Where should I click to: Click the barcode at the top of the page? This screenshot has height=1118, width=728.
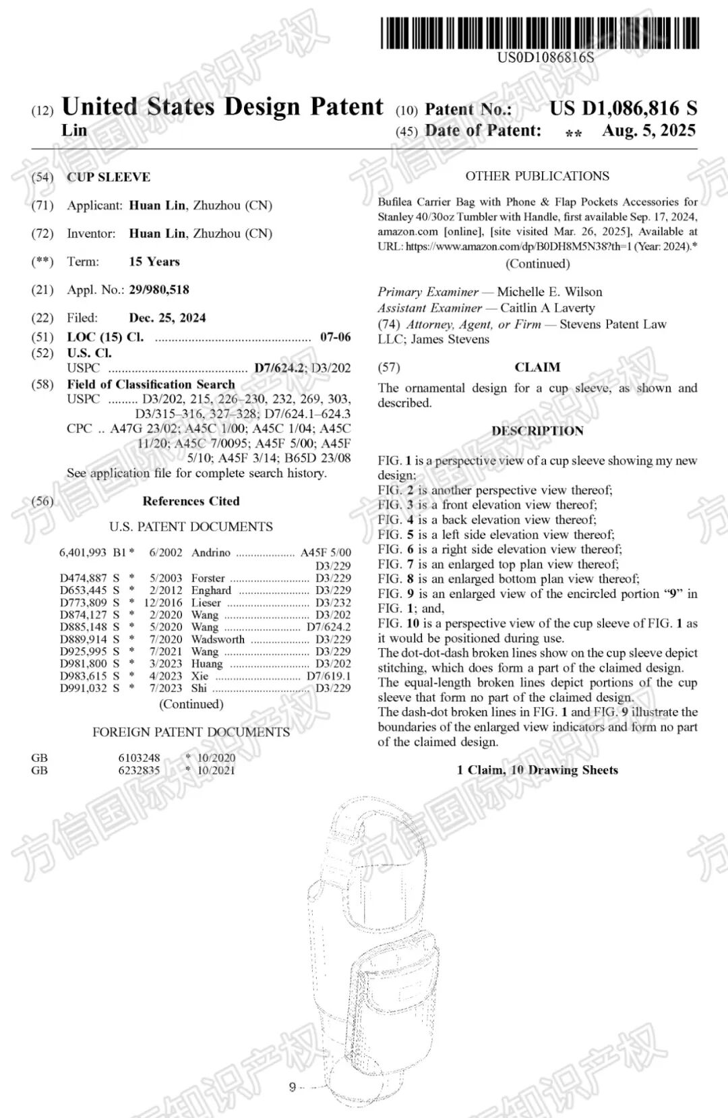point(539,33)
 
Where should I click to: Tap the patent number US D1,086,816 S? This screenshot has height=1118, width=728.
point(623,108)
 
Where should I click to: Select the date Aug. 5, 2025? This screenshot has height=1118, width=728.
point(648,131)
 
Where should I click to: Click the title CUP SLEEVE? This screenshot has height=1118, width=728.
point(109,177)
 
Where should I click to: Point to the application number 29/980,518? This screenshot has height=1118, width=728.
point(159,290)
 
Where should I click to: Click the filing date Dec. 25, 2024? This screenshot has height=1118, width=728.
point(167,318)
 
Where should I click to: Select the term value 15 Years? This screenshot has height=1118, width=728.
point(154,262)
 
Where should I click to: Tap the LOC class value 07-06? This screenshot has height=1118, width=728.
point(335,337)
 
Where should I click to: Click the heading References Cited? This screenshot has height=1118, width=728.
point(191,501)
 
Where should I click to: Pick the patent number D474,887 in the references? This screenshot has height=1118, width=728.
point(83,578)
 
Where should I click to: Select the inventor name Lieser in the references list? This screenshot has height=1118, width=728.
point(206,602)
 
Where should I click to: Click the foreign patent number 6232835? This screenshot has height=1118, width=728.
point(139,770)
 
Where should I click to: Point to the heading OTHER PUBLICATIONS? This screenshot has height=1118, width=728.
point(537,176)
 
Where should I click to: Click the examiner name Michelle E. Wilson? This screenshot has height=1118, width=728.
point(549,292)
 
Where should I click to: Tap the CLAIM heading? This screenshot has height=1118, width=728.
point(537,367)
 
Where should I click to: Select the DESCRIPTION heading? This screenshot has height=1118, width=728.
point(537,431)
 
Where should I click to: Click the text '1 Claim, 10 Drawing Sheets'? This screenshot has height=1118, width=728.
point(537,770)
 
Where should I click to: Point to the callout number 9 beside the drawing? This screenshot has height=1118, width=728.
point(292,1086)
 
